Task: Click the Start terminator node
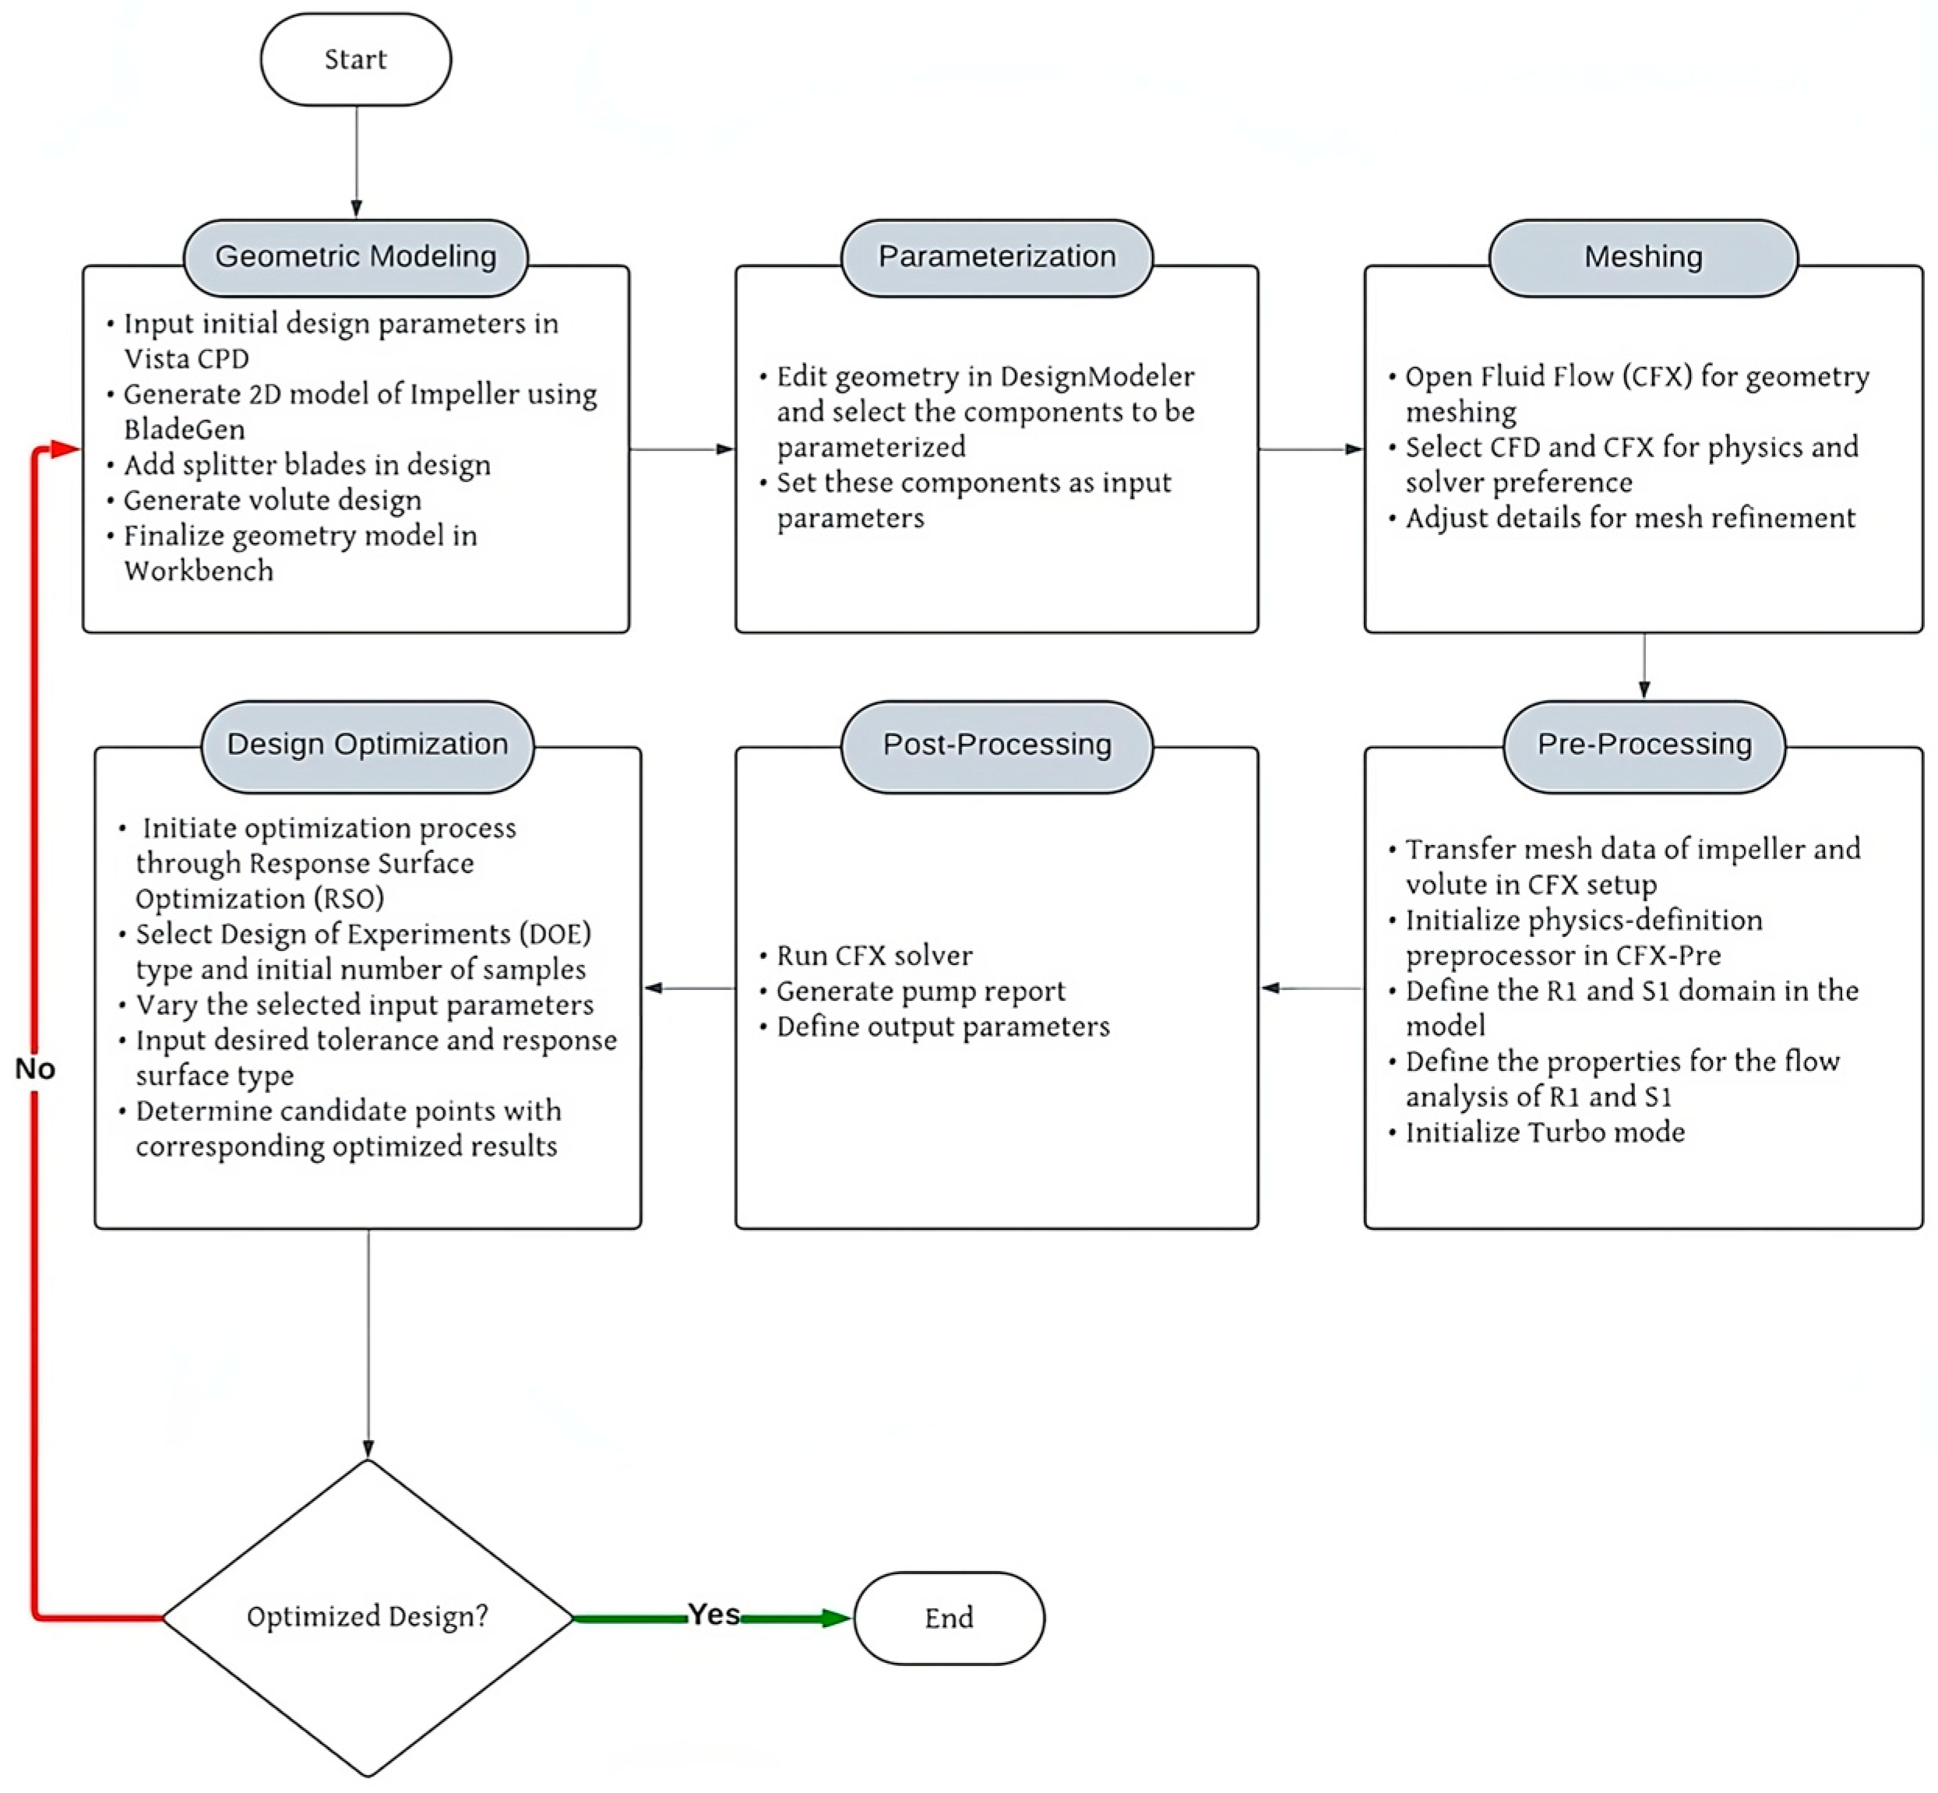click(355, 59)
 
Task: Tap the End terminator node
click(948, 1618)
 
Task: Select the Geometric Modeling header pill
click(355, 257)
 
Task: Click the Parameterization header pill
click(997, 257)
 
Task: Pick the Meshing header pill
click(1642, 257)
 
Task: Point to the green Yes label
click(714, 1615)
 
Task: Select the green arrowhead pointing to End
click(834, 1618)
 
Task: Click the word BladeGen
click(185, 429)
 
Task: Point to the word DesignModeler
click(1097, 376)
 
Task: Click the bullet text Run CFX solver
click(873, 956)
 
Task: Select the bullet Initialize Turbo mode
click(1544, 1133)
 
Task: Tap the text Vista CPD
click(186, 359)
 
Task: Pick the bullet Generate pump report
click(920, 991)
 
